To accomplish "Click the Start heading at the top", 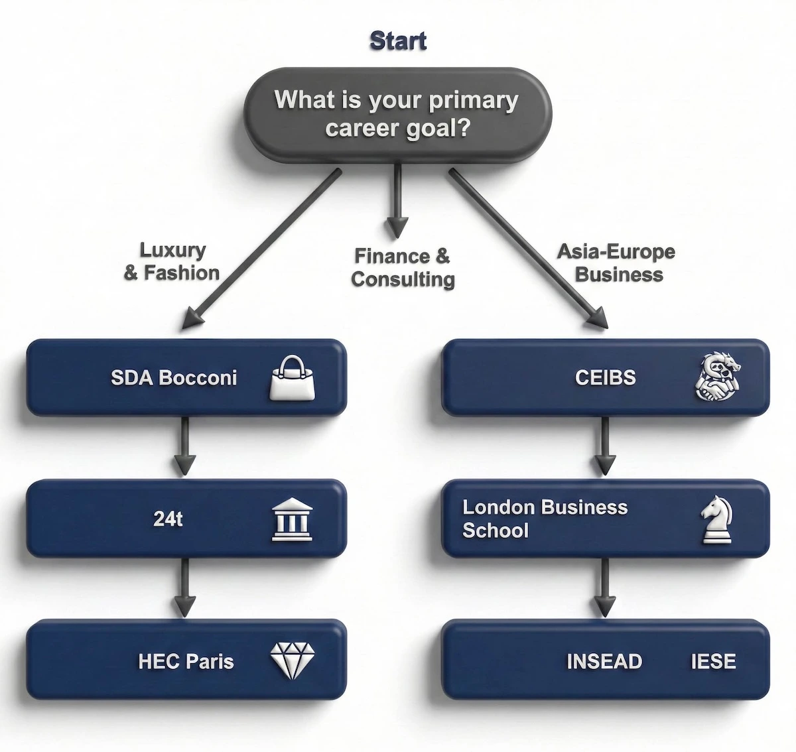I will click(398, 40).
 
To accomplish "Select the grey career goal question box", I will click(397, 114).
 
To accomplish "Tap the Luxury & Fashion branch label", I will click(172, 261).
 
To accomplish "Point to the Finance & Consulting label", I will click(402, 267).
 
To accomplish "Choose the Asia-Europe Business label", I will click(617, 263).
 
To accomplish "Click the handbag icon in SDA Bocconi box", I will click(293, 378).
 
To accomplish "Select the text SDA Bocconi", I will click(174, 378).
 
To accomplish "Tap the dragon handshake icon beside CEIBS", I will click(717, 377).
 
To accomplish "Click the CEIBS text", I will click(605, 377).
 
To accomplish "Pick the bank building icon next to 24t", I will click(293, 519).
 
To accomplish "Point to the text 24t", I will click(168, 519).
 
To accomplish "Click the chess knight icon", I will click(717, 520).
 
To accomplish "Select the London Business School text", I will click(544, 519).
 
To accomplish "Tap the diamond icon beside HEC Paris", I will click(293, 660).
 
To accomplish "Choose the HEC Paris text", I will click(186, 661).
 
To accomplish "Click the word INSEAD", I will click(604, 661).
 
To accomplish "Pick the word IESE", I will click(713, 661).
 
